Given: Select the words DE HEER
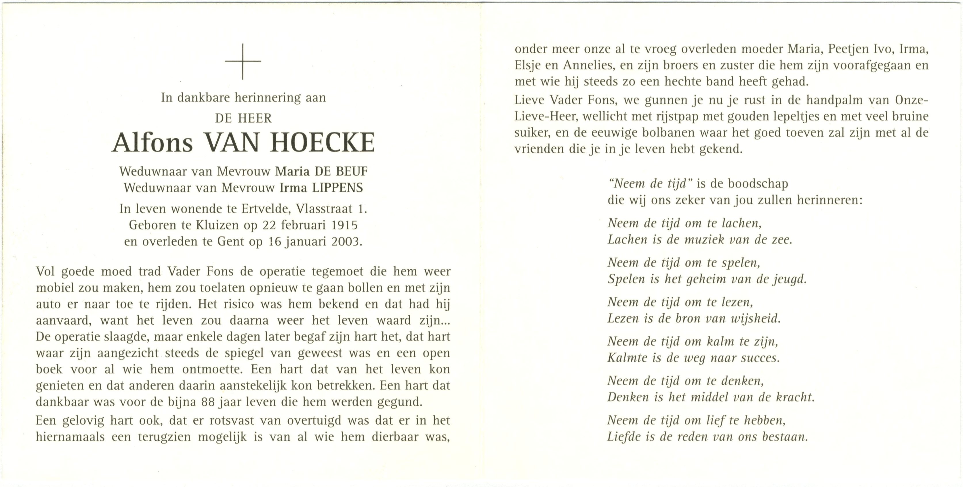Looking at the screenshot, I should pos(243,118).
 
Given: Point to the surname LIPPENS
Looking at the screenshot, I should pos(337,187).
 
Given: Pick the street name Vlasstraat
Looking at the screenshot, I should pos(325,208).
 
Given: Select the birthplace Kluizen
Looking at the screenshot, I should pos(217,225).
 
